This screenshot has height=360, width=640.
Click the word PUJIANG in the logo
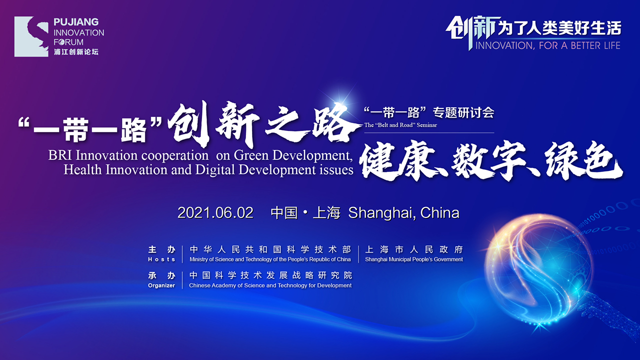pyautogui.click(x=76, y=22)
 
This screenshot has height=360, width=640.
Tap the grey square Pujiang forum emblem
pyautogui.click(x=31, y=36)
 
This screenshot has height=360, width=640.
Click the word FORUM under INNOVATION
pyautogui.click(x=68, y=42)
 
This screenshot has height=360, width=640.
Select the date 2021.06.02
pyautogui.click(x=215, y=213)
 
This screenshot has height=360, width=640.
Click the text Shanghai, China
pyautogui.click(x=403, y=213)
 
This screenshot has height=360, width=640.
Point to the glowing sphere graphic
pyautogui.click(x=537, y=271)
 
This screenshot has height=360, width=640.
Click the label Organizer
pyautogui.click(x=161, y=285)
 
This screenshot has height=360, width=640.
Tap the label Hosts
pyautogui.click(x=161, y=259)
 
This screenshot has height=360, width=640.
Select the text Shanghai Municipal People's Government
pyautogui.click(x=414, y=259)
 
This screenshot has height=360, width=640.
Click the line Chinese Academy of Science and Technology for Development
pyautogui.click(x=270, y=285)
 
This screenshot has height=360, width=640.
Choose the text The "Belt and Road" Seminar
pyautogui.click(x=400, y=125)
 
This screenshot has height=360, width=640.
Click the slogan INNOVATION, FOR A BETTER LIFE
pyautogui.click(x=547, y=45)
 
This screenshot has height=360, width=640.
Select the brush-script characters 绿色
pyautogui.click(x=583, y=160)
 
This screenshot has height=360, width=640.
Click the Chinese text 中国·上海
pyautogui.click(x=305, y=213)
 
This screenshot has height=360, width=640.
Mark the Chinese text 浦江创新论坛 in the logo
pyautogui.click(x=76, y=52)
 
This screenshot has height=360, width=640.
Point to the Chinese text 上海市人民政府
pyautogui.click(x=414, y=249)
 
